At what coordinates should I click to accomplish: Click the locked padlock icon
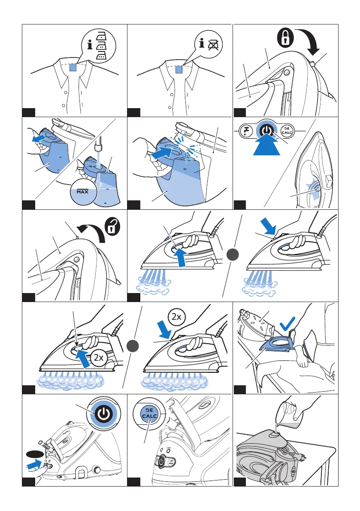coord(285,38)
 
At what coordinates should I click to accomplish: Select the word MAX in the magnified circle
coord(82,192)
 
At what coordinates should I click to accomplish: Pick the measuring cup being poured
coord(288,411)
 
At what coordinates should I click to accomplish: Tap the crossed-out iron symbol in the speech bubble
coord(214,44)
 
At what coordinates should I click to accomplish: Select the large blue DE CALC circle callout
coord(149,414)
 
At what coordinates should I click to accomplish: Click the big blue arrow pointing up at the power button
coord(266,146)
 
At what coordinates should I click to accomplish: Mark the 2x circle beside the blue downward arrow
coord(177,317)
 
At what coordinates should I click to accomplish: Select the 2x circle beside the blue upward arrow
coord(98,357)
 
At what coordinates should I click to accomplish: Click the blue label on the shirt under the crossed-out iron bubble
coord(178,70)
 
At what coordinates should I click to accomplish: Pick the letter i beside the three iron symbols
coord(90,44)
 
